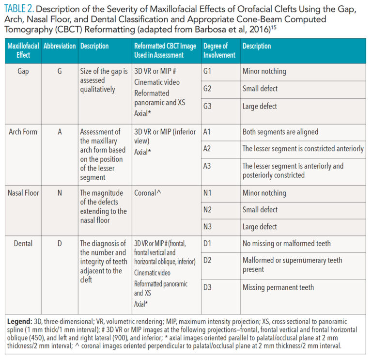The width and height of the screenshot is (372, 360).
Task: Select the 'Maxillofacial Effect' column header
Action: point(23,50)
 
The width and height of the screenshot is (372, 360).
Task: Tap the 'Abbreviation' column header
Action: point(60,46)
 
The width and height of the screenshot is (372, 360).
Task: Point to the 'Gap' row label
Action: point(23,71)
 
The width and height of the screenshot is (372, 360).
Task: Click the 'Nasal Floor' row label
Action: point(23,192)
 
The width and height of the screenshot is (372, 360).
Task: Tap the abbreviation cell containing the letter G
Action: point(60,71)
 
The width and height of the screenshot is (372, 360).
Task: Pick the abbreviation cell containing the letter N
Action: point(60,192)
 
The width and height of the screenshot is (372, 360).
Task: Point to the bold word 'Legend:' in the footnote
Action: point(20,322)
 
